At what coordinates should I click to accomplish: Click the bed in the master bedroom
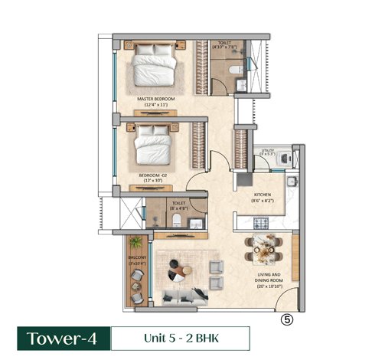coord(158,66)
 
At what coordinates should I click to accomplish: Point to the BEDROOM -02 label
coord(154,175)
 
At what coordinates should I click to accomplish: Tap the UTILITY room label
coord(289,151)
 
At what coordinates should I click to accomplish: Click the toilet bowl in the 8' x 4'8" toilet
coord(177,221)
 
